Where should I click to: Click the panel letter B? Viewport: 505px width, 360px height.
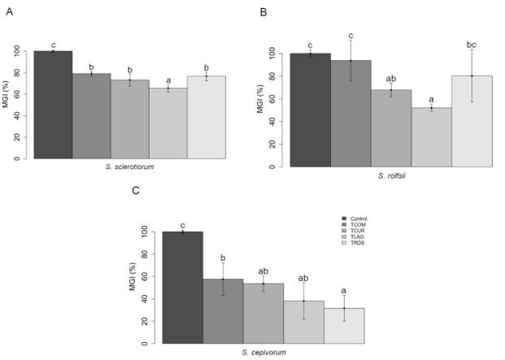[x=263, y=12]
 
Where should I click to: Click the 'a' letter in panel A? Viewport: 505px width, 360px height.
[x=168, y=80]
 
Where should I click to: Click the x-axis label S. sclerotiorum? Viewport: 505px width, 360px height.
[x=130, y=166]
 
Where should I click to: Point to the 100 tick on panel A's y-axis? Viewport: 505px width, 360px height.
[x=20, y=51]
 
